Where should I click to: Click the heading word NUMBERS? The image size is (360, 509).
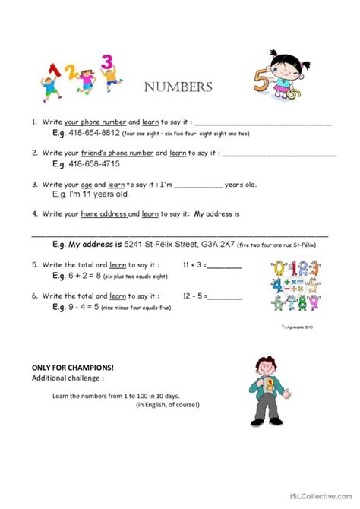click(178, 87)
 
